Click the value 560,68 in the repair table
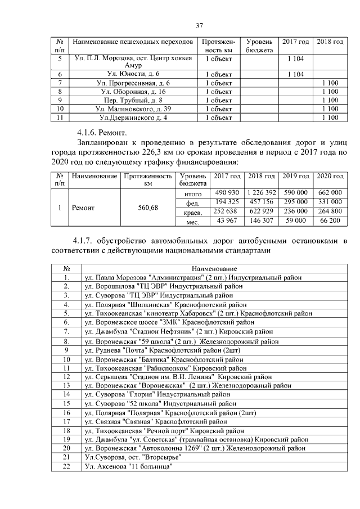point(148,208)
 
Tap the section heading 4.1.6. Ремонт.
point(98,133)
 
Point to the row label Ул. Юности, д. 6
point(133,74)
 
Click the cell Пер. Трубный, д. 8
point(133,100)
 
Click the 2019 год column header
point(295,176)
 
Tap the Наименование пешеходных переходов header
point(133,42)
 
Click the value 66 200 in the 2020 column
point(330,221)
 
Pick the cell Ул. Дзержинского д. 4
point(133,118)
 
